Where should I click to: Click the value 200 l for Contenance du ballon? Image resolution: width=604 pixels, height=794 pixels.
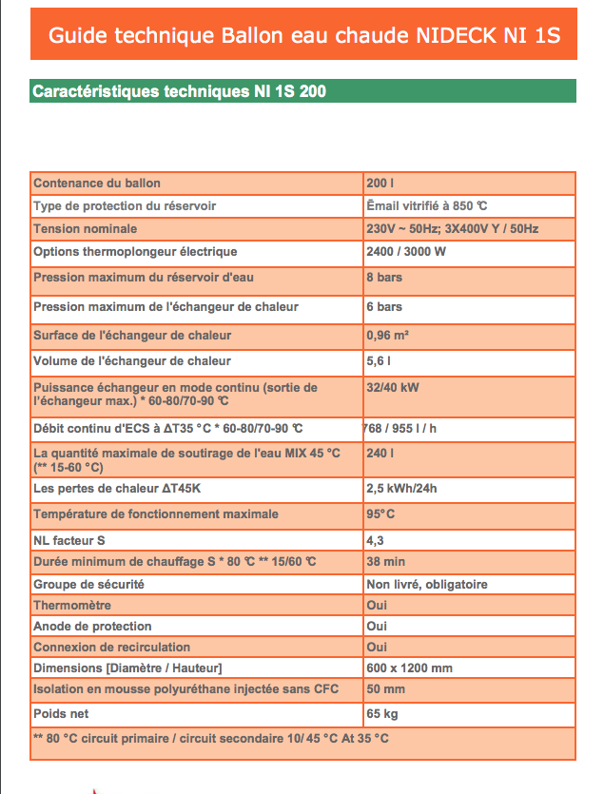[379, 183]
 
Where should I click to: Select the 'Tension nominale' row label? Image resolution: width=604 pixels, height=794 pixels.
[86, 229]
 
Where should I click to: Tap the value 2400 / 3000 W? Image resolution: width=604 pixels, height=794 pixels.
[406, 252]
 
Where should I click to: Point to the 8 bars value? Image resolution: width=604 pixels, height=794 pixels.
[384, 278]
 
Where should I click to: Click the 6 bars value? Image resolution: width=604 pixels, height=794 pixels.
[384, 307]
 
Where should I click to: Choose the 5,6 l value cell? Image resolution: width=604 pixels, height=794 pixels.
[379, 361]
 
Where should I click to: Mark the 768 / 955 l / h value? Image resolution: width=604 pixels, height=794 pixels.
[399, 428]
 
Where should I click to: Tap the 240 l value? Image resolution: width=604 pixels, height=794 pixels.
[379, 454]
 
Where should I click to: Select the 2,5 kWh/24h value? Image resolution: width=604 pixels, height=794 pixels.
[401, 490]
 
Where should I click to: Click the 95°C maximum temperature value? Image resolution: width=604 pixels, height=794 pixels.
[380, 514]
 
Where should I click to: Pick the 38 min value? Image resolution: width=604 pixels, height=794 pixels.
[385, 562]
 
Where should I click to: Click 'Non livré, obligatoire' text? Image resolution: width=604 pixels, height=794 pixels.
[427, 584]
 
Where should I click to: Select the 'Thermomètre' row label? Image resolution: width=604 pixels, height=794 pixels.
[72, 605]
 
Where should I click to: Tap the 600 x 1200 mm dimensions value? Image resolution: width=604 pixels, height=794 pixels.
[409, 668]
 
